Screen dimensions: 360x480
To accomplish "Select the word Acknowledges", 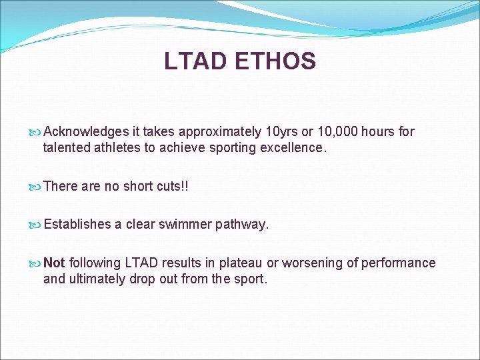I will click(x=85, y=132).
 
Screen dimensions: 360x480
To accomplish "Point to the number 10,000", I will click(x=336, y=132).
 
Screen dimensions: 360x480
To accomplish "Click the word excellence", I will click(x=291, y=148).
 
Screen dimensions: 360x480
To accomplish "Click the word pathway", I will click(x=243, y=225).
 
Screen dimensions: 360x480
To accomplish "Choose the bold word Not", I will click(x=55, y=263).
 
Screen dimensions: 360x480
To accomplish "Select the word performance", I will click(x=398, y=263).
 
